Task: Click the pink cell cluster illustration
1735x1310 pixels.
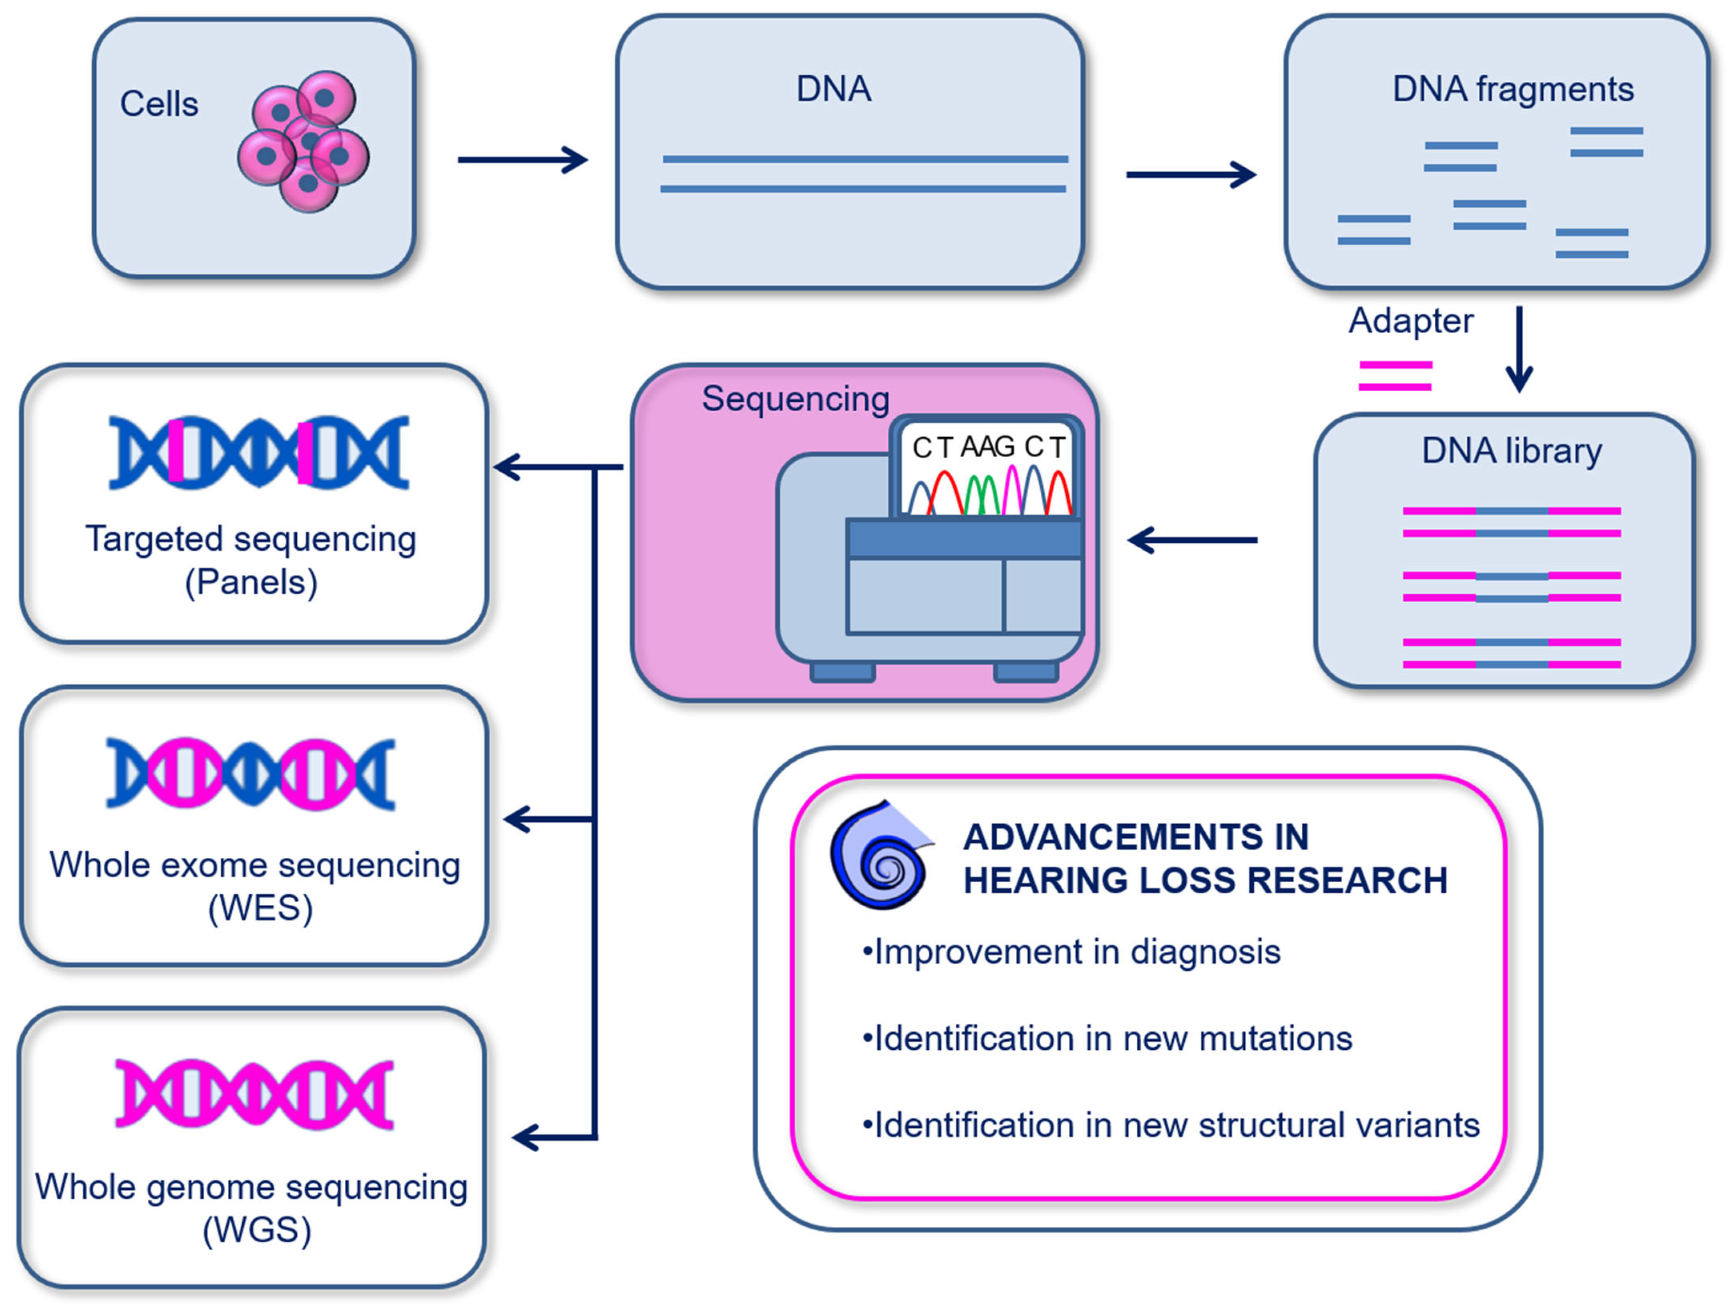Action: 304,141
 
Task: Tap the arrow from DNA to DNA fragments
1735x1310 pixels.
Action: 1191,174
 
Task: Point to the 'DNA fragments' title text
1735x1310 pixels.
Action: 1512,89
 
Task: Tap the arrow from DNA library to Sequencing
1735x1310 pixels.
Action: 1192,540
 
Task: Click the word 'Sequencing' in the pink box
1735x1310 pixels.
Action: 795,398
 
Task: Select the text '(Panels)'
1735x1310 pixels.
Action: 251,582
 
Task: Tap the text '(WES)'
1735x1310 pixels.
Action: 260,908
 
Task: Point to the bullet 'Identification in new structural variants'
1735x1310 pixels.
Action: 1170,1125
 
